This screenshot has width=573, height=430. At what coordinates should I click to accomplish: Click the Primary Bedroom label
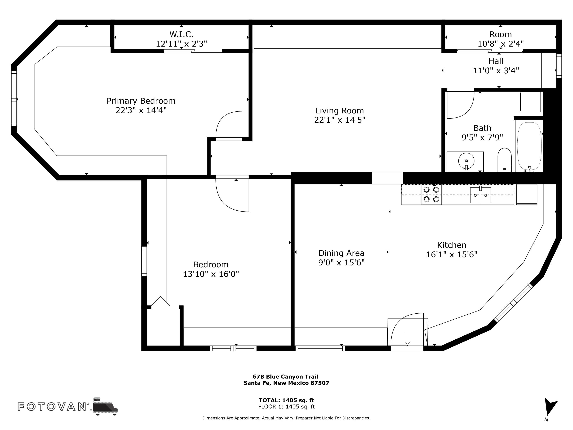click(141, 101)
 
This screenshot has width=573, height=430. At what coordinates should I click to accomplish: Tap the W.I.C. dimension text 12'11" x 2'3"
click(181, 44)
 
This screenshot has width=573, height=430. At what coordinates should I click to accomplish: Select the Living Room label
click(340, 111)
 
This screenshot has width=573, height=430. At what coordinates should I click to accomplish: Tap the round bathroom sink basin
click(466, 161)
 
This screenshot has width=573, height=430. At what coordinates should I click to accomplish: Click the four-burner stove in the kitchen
click(431, 194)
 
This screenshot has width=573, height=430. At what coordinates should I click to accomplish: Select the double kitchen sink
click(481, 195)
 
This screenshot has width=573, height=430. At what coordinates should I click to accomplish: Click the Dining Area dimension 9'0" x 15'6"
click(342, 263)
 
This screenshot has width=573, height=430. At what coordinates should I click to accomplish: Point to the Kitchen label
click(452, 245)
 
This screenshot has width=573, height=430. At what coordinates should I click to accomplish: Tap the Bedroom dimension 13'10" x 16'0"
click(211, 274)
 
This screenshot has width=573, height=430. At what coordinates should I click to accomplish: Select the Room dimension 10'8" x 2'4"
click(500, 44)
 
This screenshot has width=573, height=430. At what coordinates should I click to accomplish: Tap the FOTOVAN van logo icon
click(105, 406)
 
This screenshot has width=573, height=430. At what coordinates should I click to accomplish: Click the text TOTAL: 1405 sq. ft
click(286, 400)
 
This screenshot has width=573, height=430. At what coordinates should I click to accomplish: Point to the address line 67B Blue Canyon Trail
click(285, 377)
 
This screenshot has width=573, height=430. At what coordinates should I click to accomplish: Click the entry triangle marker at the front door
click(407, 344)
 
